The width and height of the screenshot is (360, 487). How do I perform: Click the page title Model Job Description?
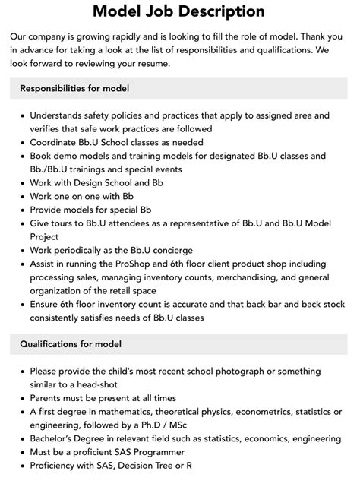[x=179, y=11]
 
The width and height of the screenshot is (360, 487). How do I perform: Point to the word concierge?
[x=166, y=250]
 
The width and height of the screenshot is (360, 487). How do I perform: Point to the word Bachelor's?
[x=58, y=439]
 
